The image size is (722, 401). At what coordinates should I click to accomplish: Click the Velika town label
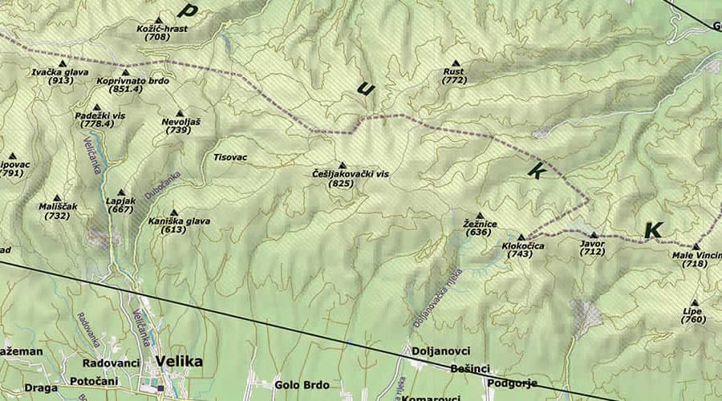pyautogui.click(x=179, y=361)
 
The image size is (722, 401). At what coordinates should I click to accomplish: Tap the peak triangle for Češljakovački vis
pyautogui.click(x=342, y=164)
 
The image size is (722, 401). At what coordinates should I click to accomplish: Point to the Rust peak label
pyautogui.click(x=454, y=71)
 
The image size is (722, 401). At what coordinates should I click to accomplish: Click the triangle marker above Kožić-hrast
pyautogui.click(x=158, y=19)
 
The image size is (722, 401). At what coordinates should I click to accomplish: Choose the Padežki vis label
pyautogui.click(x=100, y=115)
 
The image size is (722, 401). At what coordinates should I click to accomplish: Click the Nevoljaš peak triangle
pyautogui.click(x=179, y=113)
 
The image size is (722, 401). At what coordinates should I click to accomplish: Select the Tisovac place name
pyautogui.click(x=230, y=156)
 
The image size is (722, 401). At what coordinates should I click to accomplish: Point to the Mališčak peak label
pyautogui.click(x=58, y=206)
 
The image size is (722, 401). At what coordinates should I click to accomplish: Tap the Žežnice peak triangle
pyautogui.click(x=480, y=215)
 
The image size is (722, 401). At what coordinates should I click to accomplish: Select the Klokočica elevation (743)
pyautogui.click(x=520, y=254)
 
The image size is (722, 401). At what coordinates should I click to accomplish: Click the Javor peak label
pyautogui.click(x=592, y=243)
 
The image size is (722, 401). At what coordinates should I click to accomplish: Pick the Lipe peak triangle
pyautogui.click(x=694, y=302)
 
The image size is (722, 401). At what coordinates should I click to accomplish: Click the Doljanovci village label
pyautogui.click(x=440, y=351)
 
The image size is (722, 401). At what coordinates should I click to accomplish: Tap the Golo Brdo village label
pyautogui.click(x=302, y=385)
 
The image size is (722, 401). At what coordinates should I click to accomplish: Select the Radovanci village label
pyautogui.click(x=111, y=363)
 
